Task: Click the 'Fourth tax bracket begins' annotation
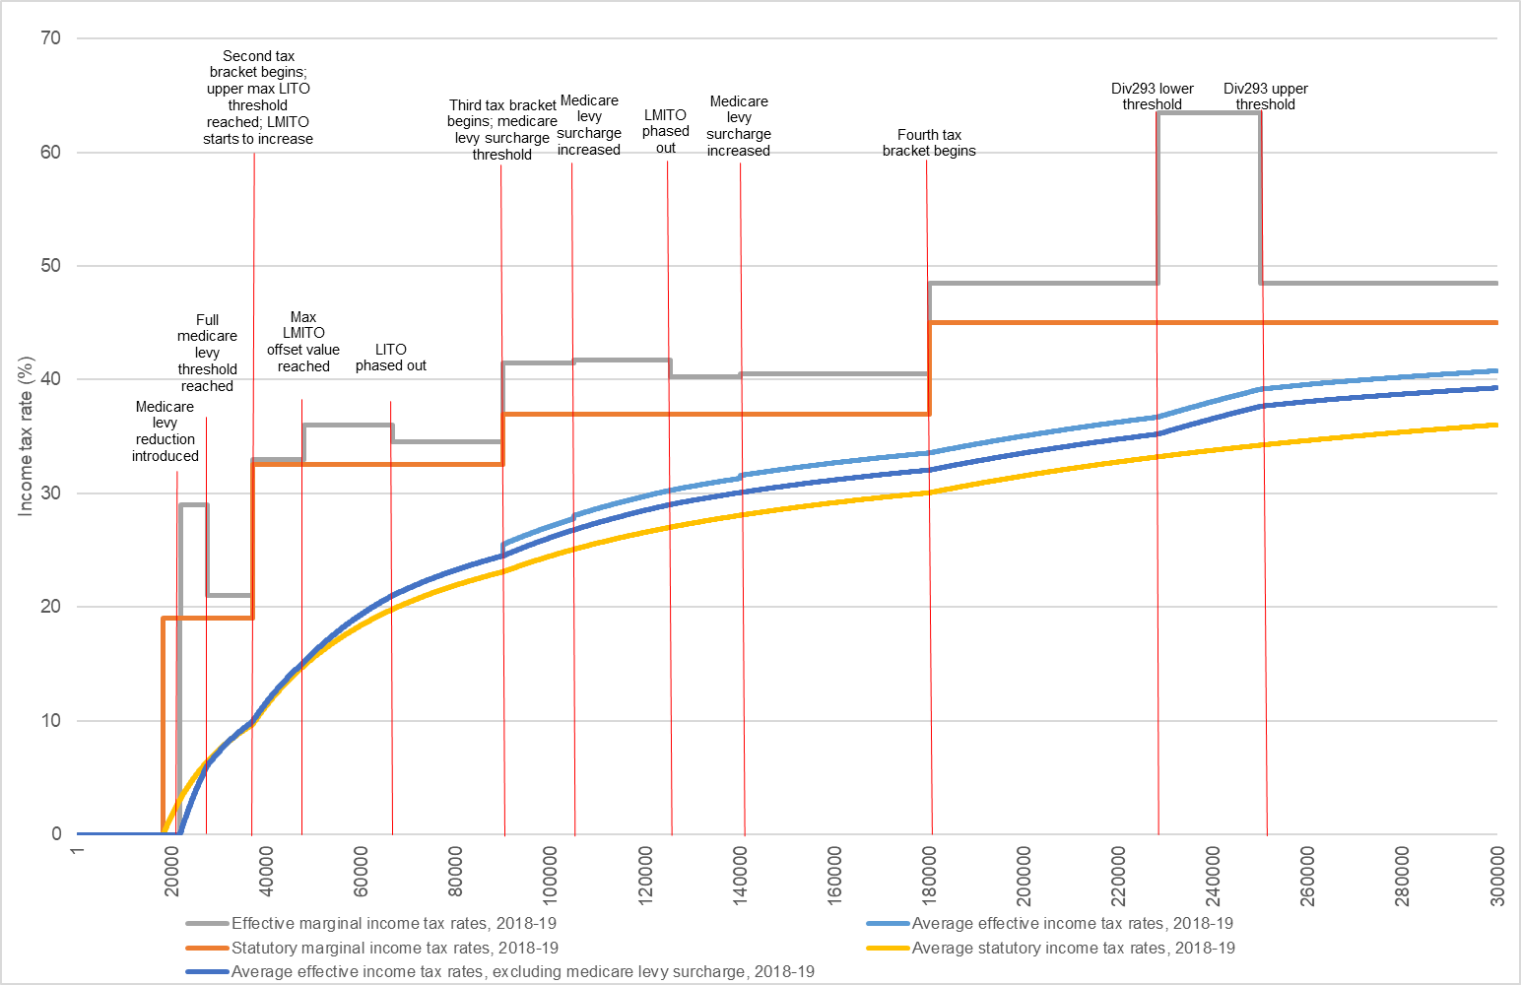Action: pos(929,143)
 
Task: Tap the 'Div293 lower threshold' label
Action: pos(1152,97)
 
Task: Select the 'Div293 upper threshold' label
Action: pos(1265,97)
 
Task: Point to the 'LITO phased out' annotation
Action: pos(391,358)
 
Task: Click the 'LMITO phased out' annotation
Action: pos(666,131)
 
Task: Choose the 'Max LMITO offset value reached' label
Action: pos(303,342)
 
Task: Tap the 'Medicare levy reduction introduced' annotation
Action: pos(165,431)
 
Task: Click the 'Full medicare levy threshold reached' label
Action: pos(207,353)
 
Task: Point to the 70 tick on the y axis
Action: pos(51,38)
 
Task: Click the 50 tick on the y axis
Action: pos(51,266)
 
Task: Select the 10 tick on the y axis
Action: pos(51,721)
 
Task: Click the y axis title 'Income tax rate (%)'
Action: pos(27,436)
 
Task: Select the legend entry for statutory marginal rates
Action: pos(394,948)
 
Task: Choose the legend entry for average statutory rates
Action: pos(1073,948)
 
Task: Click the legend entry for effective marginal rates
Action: pos(393,923)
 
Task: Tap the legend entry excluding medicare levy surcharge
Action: pos(522,971)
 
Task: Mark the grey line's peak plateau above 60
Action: pos(1209,113)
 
